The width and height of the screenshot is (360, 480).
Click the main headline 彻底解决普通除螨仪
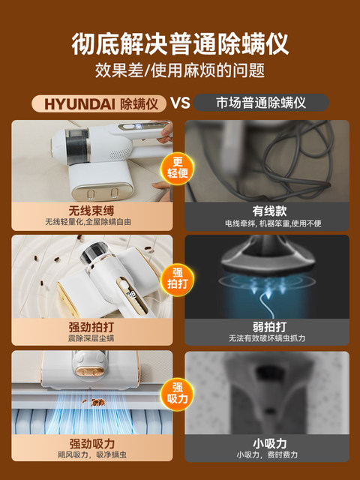180,43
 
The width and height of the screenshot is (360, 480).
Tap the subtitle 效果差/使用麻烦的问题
180,70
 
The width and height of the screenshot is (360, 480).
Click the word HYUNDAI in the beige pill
80,104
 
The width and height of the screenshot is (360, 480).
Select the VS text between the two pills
180,103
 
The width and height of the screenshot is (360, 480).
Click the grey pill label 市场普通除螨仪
261,103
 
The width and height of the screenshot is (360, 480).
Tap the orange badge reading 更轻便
178,168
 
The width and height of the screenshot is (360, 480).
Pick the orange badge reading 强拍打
178,280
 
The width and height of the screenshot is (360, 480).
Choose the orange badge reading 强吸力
178,394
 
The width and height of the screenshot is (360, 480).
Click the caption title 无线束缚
91,211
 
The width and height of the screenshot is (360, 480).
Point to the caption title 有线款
270,211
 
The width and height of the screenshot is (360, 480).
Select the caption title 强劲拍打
91,327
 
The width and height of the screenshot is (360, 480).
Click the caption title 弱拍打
270,327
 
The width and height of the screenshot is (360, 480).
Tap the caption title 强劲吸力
92,443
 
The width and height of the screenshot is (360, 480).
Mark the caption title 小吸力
270,443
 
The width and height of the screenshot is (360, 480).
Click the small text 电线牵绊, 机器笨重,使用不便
273,223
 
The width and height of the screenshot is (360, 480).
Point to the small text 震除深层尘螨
91,338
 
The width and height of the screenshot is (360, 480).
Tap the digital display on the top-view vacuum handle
132,295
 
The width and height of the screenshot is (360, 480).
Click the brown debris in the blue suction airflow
98,402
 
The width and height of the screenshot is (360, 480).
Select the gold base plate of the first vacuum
103,192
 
